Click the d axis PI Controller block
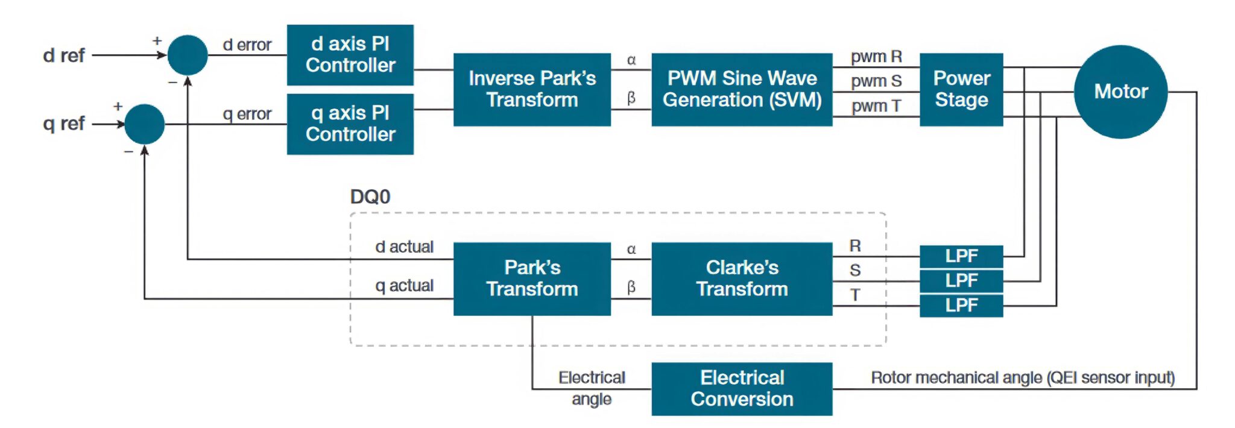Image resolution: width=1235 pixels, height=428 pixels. click(x=350, y=55)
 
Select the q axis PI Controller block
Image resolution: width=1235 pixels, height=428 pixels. click(x=350, y=124)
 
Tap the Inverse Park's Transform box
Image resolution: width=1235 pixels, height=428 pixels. click(x=532, y=89)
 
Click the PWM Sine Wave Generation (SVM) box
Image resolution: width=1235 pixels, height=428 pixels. click(x=742, y=89)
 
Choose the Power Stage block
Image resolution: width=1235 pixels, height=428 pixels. click(x=961, y=89)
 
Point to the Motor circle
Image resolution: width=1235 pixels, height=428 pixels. click(x=1120, y=92)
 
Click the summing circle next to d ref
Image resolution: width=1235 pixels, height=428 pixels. click(x=188, y=55)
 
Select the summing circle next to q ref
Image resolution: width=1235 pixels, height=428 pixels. click(x=145, y=124)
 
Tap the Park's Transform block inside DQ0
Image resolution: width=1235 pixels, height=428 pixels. click(x=532, y=279)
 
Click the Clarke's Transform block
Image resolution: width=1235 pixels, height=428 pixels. click(x=742, y=279)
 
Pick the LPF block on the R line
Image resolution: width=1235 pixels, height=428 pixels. click(x=961, y=256)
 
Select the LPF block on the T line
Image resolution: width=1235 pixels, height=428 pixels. click(x=961, y=306)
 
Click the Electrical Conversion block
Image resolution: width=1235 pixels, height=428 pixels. click(x=742, y=389)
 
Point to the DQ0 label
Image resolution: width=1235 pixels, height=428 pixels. click(x=370, y=197)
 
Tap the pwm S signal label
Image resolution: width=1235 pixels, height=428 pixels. click(x=876, y=81)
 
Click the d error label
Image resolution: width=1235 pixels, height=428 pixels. click(x=247, y=45)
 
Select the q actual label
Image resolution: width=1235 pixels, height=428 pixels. click(x=404, y=286)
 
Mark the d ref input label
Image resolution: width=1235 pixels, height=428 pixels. click(x=64, y=55)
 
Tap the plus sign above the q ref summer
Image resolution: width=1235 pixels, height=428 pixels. click(x=118, y=107)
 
